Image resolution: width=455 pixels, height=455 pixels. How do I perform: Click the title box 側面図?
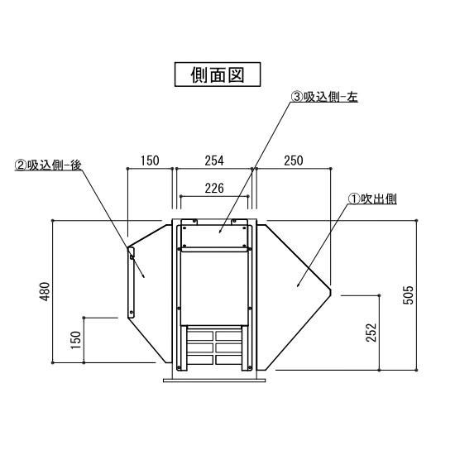tap(218, 74)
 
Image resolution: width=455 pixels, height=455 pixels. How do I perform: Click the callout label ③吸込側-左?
tap(324, 97)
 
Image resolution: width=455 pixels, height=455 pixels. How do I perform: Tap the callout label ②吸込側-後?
tap(48, 165)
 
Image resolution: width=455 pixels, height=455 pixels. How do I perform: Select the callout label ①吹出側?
tap(372, 199)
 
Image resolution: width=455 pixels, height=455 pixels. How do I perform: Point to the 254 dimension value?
tap(214, 160)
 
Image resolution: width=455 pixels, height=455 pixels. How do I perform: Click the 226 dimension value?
tap(214, 189)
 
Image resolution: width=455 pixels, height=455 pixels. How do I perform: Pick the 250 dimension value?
tap(294, 160)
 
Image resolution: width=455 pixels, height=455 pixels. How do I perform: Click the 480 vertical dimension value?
tap(45, 292)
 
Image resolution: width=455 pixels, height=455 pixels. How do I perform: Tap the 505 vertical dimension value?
tap(408, 295)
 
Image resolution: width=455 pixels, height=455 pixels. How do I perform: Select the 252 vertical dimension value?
tap(371, 333)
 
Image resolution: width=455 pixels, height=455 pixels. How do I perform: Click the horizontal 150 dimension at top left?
tap(150, 160)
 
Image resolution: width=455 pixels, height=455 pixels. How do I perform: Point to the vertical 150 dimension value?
tap(76, 340)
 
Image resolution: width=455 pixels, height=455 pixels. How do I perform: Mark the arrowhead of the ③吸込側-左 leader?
tap(219, 232)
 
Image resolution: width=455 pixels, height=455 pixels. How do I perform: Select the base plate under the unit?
tap(214, 381)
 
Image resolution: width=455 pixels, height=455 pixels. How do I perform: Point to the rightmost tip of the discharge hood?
tap(332, 291)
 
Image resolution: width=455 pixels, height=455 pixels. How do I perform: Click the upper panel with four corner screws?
tap(214, 237)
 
